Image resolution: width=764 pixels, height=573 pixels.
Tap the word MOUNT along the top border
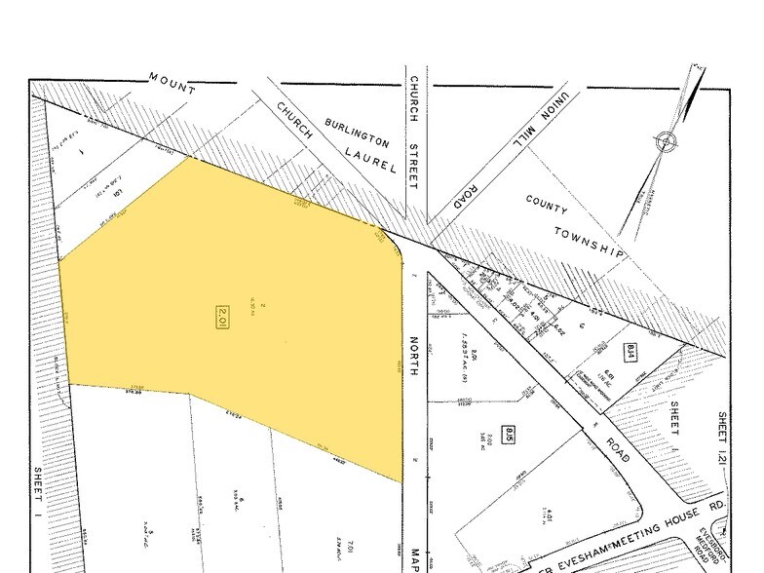172,84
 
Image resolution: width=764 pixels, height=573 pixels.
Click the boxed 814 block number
630,352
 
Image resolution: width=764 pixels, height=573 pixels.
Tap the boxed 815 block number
509,431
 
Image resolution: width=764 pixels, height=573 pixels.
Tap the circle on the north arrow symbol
667,142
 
